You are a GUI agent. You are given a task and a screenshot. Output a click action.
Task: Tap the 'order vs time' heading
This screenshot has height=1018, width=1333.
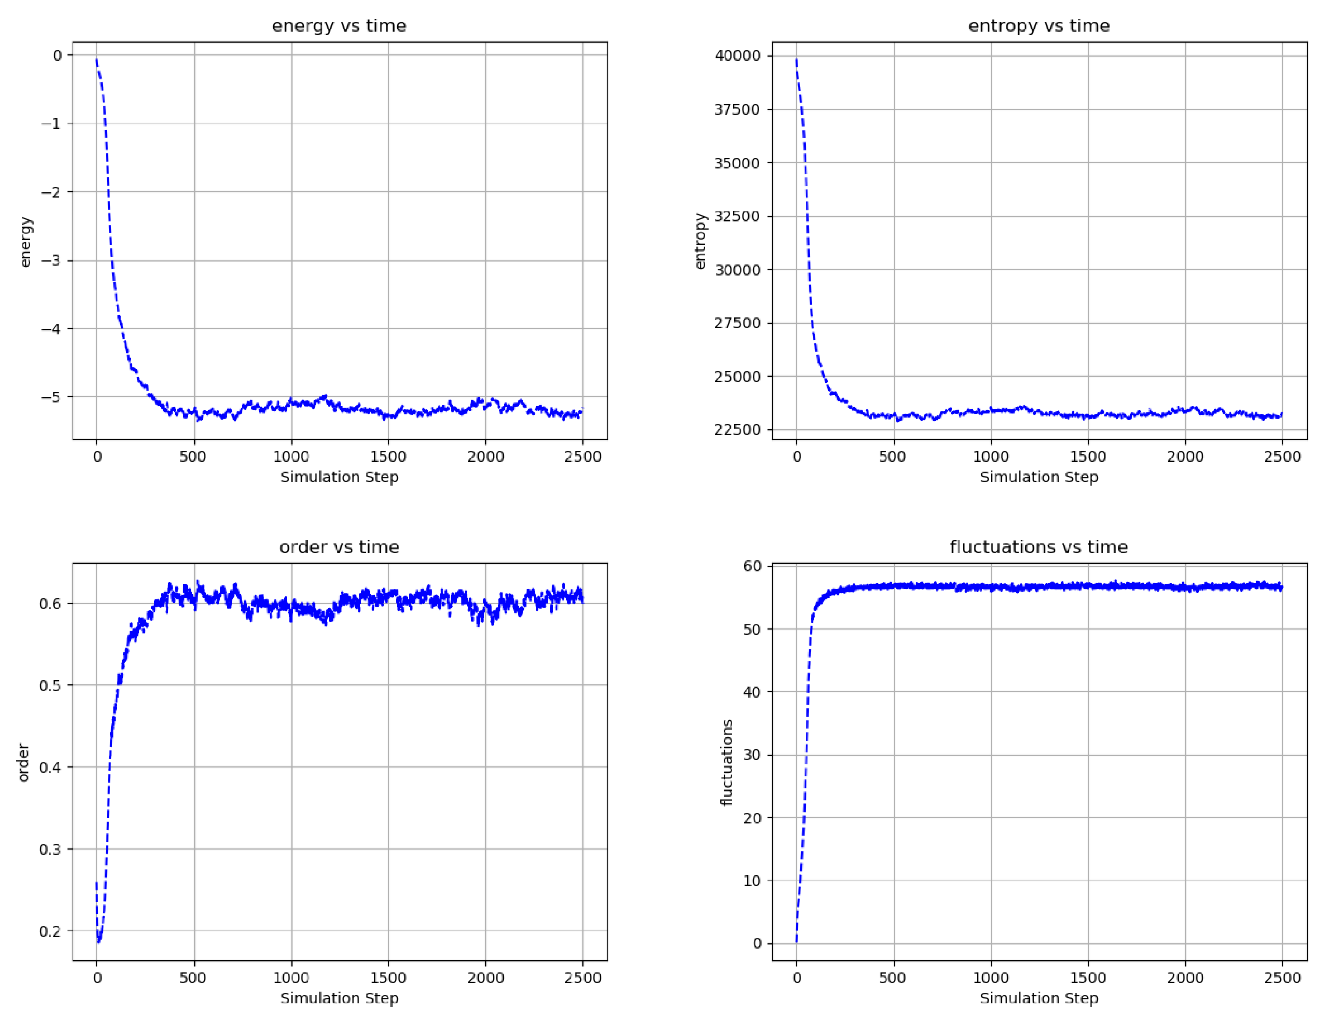pyautogui.click(x=339, y=547)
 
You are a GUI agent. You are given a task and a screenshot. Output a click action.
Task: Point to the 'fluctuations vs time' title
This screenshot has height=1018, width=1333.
pyautogui.click(x=1039, y=547)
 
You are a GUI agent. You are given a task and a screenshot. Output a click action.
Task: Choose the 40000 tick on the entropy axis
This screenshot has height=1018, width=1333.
pyautogui.click(x=737, y=56)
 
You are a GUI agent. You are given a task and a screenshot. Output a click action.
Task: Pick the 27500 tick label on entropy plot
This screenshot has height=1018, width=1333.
pyautogui.click(x=737, y=323)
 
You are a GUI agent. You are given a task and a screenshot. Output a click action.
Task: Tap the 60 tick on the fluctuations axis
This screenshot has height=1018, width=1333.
pyautogui.click(x=752, y=566)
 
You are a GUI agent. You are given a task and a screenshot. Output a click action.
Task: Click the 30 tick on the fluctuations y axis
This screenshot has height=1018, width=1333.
pyautogui.click(x=752, y=755)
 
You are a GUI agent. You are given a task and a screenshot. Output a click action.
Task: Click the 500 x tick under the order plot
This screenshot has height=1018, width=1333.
pyautogui.click(x=194, y=978)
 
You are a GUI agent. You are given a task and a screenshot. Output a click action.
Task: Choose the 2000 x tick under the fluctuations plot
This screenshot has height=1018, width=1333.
pyautogui.click(x=1185, y=978)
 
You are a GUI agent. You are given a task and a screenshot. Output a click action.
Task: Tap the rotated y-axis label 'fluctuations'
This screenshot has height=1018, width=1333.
pyautogui.click(x=727, y=762)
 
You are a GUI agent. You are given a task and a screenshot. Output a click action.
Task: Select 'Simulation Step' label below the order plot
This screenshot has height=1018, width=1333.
pyautogui.click(x=339, y=998)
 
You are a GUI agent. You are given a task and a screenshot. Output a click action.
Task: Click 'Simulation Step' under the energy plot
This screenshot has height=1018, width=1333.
pyautogui.click(x=339, y=477)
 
